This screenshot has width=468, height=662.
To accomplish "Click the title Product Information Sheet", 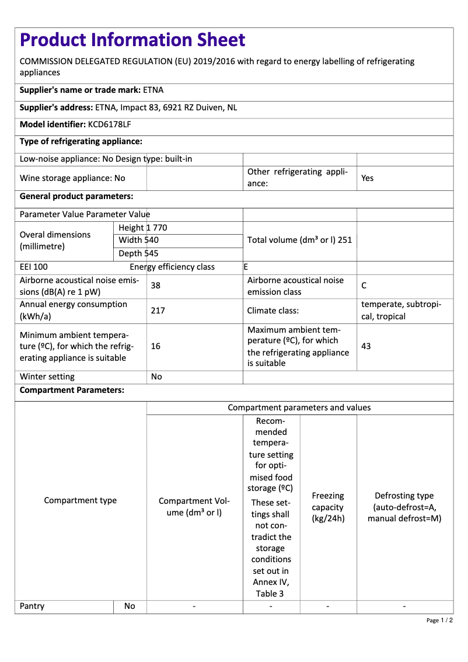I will coord(132,40).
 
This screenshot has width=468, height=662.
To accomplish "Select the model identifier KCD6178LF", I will coord(109,125).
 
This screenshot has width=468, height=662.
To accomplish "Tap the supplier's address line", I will coord(128,107).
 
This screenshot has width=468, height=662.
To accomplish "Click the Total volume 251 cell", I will coord(299,240).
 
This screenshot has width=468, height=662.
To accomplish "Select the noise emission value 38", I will coord(156,286).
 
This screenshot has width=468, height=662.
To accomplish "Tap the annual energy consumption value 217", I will coord(158,311).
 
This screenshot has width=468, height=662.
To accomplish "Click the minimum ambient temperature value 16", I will coord(156,346).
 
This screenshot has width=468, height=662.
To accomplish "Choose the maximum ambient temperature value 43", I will coord(366,346).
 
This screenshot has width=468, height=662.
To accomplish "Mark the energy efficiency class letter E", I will coord(246,267).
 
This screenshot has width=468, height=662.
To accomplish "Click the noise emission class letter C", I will coord(364,286).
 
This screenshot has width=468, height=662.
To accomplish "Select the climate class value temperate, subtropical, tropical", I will coord(401,311).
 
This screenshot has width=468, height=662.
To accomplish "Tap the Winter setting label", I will coord(47,377).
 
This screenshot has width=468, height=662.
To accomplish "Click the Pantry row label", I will coord(32,606).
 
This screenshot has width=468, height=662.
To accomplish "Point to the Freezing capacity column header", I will coord(328,507).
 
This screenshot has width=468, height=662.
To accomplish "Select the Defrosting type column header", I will coord(404,507).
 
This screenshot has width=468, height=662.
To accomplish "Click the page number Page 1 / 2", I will coord(439,620).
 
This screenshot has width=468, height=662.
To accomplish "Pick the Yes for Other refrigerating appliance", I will coord(367,178).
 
